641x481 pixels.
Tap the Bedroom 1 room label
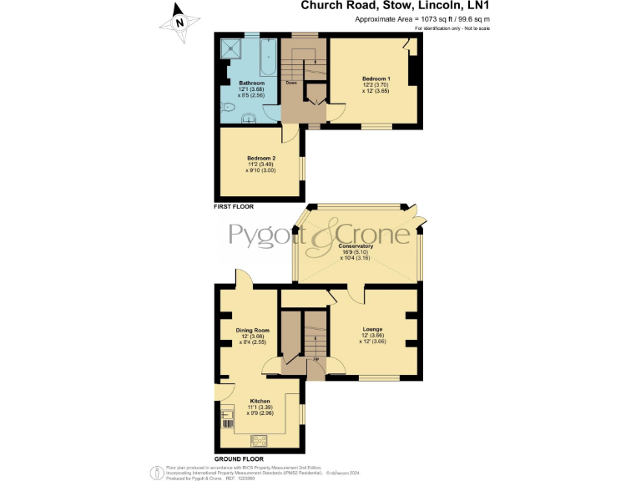click(x=376, y=78)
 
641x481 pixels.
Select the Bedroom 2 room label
click(x=261, y=158)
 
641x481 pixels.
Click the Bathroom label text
click(x=252, y=84)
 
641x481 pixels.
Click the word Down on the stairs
click(x=291, y=83)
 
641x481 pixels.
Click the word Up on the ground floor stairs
click(x=315, y=359)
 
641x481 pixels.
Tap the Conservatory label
click(x=356, y=246)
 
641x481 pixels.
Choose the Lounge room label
click(x=372, y=329)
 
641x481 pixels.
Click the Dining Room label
click(x=252, y=330)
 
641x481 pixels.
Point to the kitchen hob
click(x=258, y=438)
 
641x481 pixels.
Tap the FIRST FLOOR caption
click(x=234, y=205)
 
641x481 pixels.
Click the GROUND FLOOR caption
click(x=240, y=459)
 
